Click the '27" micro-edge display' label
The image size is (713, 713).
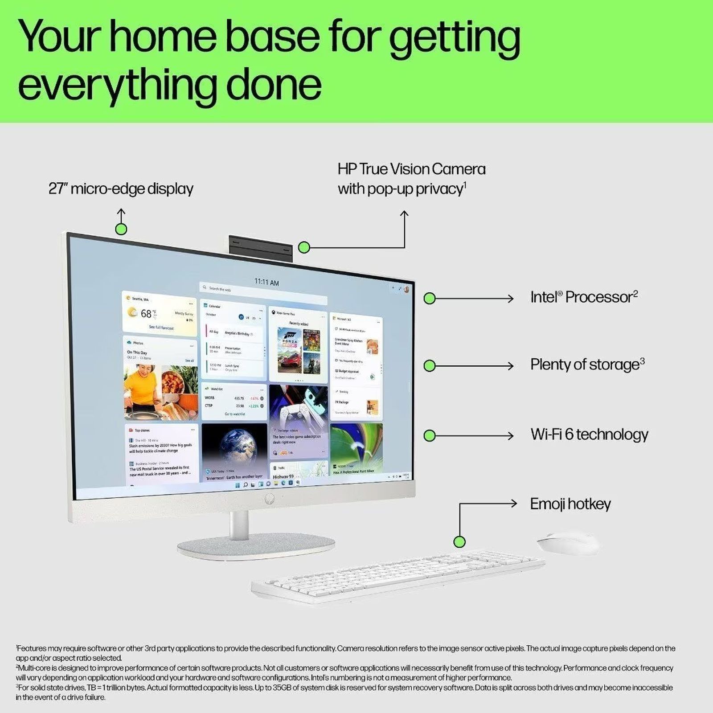point(121,189)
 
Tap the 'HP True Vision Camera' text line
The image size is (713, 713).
point(411,169)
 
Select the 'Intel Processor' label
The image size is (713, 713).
point(583,297)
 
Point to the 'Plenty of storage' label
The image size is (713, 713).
point(587,365)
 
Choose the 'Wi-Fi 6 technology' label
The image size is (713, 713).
point(589,434)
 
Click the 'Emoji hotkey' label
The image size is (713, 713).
point(570,504)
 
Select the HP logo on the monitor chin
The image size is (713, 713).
point(269,499)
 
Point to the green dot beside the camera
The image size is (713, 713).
point(304,247)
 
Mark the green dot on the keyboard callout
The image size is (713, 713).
point(459,542)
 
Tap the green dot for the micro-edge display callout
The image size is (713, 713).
point(121,229)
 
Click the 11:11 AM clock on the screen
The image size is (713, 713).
point(266,282)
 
